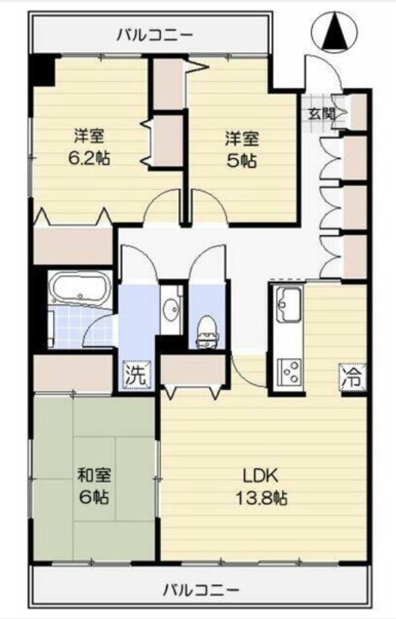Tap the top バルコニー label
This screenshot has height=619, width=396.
(x=155, y=34)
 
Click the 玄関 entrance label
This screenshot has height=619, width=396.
(x=318, y=113)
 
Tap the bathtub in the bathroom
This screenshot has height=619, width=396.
(x=79, y=289)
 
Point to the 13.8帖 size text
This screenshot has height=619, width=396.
(x=261, y=498)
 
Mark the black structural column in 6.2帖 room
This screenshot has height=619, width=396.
(x=42, y=70)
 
